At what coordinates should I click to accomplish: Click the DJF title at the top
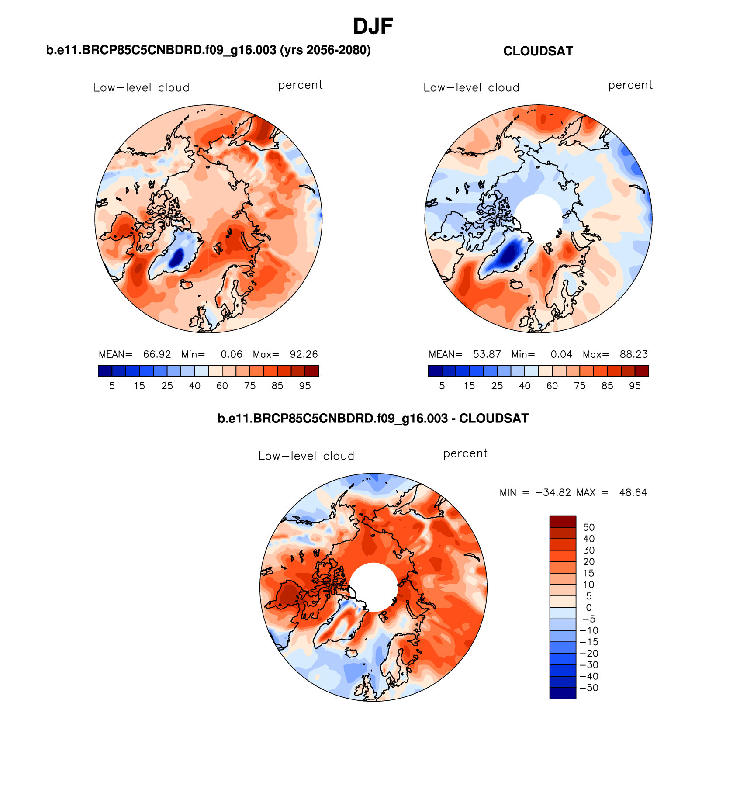(x=373, y=27)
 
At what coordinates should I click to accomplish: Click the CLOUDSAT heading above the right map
(x=538, y=52)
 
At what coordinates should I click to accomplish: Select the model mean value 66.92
(x=157, y=354)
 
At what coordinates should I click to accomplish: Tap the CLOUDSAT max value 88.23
(x=633, y=354)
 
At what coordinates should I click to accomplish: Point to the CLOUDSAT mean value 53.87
(x=487, y=354)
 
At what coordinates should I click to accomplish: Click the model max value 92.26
(x=304, y=354)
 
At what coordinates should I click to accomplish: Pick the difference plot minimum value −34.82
(x=553, y=493)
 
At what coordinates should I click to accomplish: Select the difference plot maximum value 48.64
(x=633, y=493)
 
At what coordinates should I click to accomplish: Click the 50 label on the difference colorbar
(x=588, y=527)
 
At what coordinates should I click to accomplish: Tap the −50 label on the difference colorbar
(x=588, y=688)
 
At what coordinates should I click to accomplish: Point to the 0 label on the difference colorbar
(x=588, y=608)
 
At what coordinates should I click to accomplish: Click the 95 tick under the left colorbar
(x=305, y=386)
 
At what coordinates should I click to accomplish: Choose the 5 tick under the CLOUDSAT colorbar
(x=442, y=386)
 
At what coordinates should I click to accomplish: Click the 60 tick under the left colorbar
(x=222, y=386)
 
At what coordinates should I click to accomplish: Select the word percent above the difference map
(x=465, y=454)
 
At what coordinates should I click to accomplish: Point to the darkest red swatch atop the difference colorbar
(x=563, y=522)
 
